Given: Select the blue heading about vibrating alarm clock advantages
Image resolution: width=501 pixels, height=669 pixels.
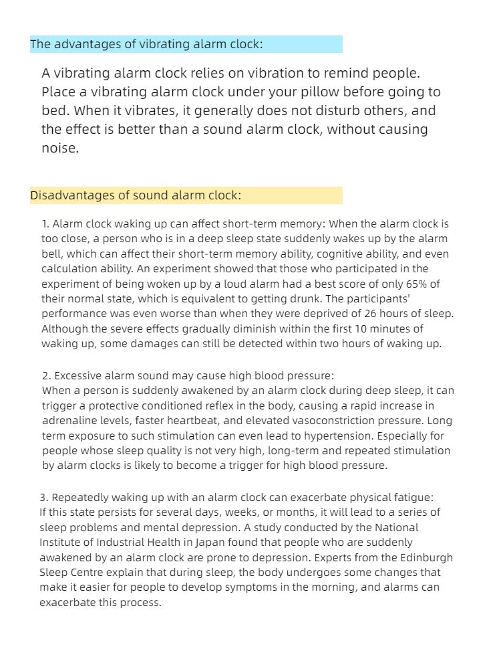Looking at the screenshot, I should pyautogui.click(x=147, y=44).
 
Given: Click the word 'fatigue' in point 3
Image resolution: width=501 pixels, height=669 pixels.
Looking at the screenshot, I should pyautogui.click(x=411, y=497).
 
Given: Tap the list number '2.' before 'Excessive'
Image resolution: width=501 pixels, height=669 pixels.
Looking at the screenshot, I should pyautogui.click(x=46, y=375).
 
